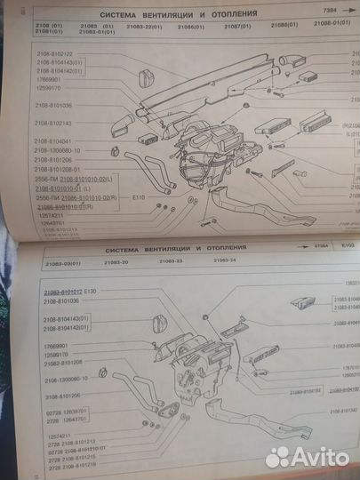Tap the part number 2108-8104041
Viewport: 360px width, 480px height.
55,141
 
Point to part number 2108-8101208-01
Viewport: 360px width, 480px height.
59,168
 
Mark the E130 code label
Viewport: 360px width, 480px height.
114,292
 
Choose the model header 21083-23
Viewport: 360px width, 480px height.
171,263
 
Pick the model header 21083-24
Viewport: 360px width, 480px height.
223,263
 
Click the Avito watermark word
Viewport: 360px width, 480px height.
320,456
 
